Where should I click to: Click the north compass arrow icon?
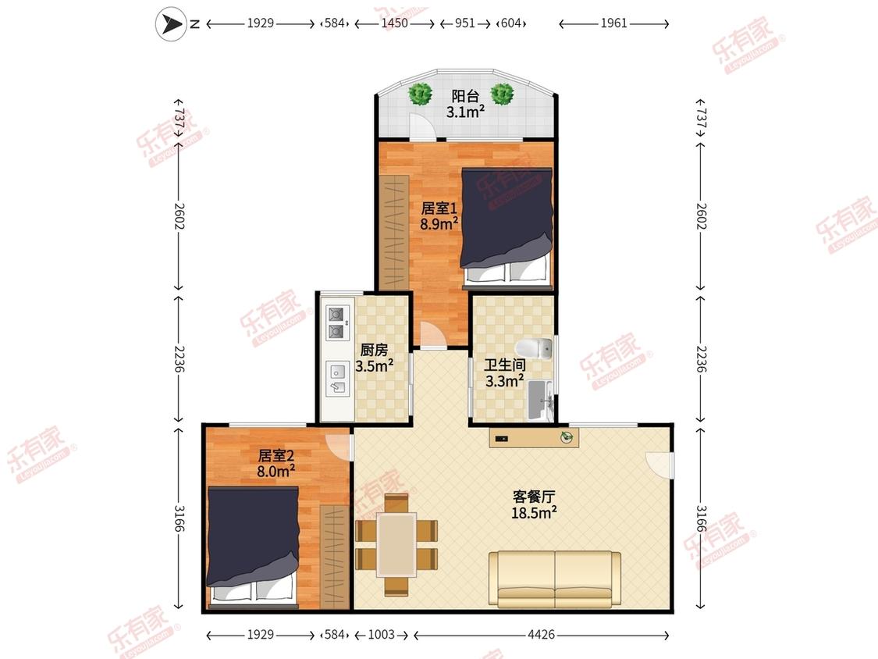[170, 24]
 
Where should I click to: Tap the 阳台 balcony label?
[465, 96]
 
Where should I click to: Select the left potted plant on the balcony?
[420, 94]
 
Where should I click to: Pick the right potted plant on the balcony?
[503, 94]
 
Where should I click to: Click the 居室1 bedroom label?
[439, 208]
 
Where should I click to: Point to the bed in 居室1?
[507, 227]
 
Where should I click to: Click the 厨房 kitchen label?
[374, 351]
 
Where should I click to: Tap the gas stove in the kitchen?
[336, 322]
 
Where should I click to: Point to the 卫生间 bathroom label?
[505, 365]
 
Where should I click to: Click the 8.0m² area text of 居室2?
[276, 472]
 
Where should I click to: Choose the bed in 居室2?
[253, 547]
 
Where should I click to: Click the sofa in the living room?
[555, 579]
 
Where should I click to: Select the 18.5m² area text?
[534, 512]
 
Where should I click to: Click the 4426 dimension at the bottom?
[542, 635]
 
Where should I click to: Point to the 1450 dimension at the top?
[394, 23]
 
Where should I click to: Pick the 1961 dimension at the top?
[613, 23]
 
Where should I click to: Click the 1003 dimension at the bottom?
[382, 635]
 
